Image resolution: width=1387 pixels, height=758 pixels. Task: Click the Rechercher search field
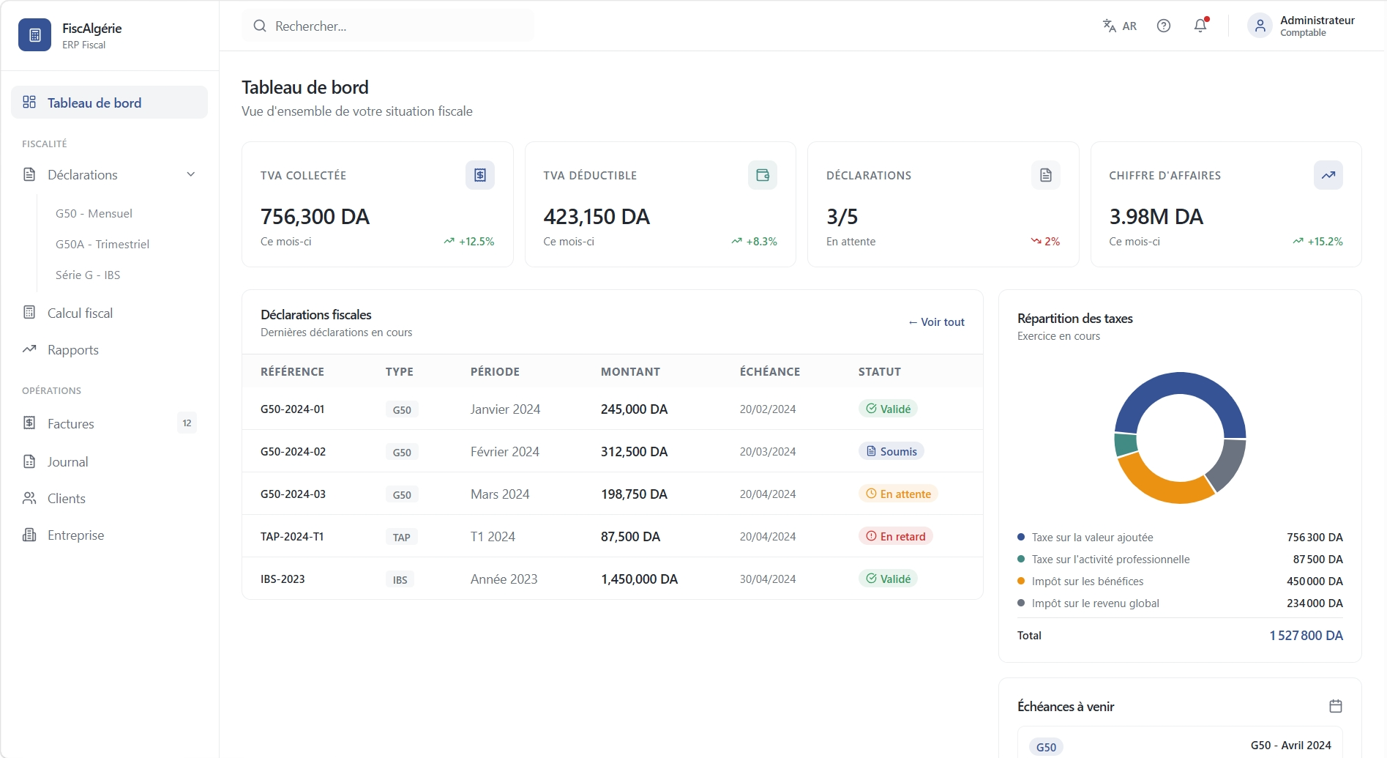pyautogui.click(x=388, y=26)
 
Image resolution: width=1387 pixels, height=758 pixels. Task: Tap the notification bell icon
pyautogui.click(x=1200, y=26)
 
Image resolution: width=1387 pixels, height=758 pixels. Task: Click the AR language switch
pyautogui.click(x=1120, y=26)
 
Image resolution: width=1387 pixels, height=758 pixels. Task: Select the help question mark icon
pyautogui.click(x=1164, y=26)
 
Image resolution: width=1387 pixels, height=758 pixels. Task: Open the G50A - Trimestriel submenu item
pyautogui.click(x=102, y=244)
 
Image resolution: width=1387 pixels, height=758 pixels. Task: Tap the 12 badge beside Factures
pyautogui.click(x=187, y=423)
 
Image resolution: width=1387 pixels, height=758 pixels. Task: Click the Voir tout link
pyautogui.click(x=936, y=322)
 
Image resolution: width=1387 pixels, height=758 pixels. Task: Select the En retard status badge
pyautogui.click(x=896, y=536)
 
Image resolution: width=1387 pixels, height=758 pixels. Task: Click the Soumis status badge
pyautogui.click(x=891, y=451)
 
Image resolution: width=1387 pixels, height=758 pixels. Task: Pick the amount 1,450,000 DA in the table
pyautogui.click(x=639, y=579)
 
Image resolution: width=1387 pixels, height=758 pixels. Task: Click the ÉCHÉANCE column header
pyautogui.click(x=770, y=372)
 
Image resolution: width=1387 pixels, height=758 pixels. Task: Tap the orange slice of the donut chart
pyautogui.click(x=1160, y=483)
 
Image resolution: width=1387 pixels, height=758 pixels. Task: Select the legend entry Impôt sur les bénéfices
pyautogui.click(x=1087, y=581)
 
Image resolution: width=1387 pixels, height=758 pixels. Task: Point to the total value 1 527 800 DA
pyautogui.click(x=1306, y=636)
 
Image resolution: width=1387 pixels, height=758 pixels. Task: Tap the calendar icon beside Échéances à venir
pyautogui.click(x=1336, y=706)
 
